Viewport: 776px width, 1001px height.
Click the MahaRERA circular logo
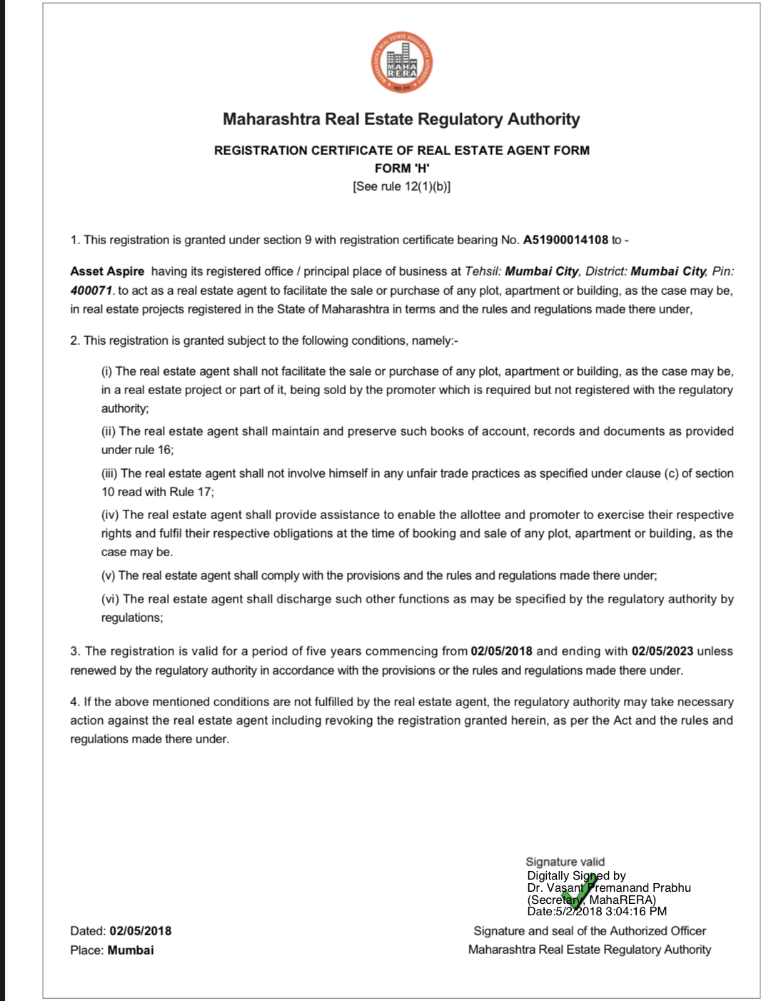click(x=401, y=63)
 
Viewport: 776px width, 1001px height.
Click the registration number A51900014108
click(x=565, y=240)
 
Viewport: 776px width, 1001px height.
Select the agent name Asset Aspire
click(x=107, y=271)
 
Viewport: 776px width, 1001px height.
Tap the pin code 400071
click(x=91, y=291)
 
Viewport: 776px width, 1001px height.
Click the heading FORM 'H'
click(x=402, y=168)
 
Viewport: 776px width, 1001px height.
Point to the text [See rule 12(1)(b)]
click(x=402, y=186)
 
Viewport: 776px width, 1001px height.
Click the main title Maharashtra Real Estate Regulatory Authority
click(x=401, y=119)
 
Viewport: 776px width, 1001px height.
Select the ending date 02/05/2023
click(x=662, y=651)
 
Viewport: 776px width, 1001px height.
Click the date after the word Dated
click(x=141, y=931)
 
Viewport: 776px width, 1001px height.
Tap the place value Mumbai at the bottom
click(x=131, y=950)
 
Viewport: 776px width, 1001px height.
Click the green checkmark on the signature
click(x=575, y=894)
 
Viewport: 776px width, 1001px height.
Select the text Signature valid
click(x=565, y=862)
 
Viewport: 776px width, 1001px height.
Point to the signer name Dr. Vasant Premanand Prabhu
click(x=609, y=887)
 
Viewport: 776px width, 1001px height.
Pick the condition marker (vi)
click(x=110, y=599)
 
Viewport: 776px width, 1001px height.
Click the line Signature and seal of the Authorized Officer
click(x=590, y=931)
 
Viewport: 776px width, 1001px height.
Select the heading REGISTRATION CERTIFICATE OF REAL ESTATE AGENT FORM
click(x=402, y=151)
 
